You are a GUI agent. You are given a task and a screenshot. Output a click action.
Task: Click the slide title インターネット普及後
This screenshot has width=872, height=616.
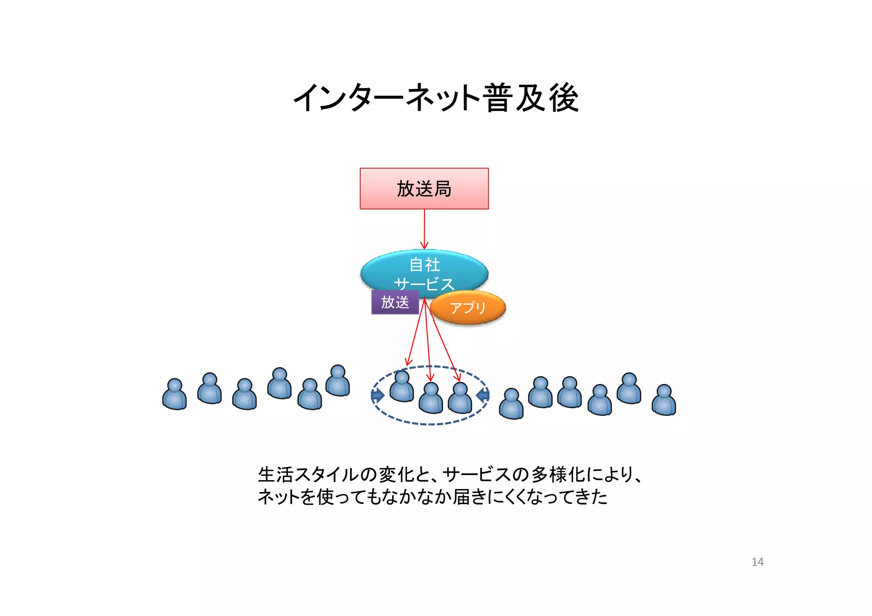click(x=436, y=98)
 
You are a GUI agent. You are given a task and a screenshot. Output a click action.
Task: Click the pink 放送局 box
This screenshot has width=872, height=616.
click(x=424, y=189)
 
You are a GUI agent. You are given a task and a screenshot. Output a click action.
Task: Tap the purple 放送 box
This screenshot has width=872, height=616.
click(x=395, y=302)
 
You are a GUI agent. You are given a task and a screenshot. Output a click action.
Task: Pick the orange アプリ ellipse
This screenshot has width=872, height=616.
click(x=468, y=307)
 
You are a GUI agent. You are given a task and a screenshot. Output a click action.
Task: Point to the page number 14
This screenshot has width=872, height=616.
click(x=757, y=562)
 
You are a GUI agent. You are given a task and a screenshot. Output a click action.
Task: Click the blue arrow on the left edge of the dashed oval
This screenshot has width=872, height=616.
click(x=377, y=395)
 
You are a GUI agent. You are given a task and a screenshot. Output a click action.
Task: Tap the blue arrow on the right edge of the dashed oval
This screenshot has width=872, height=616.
click(x=483, y=395)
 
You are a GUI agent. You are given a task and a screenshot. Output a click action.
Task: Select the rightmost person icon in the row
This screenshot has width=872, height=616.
click(x=664, y=400)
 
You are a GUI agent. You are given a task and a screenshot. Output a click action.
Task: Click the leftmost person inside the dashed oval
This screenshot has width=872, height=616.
click(x=402, y=387)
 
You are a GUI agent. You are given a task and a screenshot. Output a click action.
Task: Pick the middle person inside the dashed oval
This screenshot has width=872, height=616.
click(x=430, y=398)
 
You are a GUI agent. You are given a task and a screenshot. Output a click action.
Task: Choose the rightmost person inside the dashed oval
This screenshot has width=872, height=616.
click(x=460, y=398)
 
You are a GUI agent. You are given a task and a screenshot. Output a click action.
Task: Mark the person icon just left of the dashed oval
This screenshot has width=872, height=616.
click(x=338, y=381)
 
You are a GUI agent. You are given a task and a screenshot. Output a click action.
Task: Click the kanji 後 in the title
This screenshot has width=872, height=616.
click(x=563, y=98)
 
